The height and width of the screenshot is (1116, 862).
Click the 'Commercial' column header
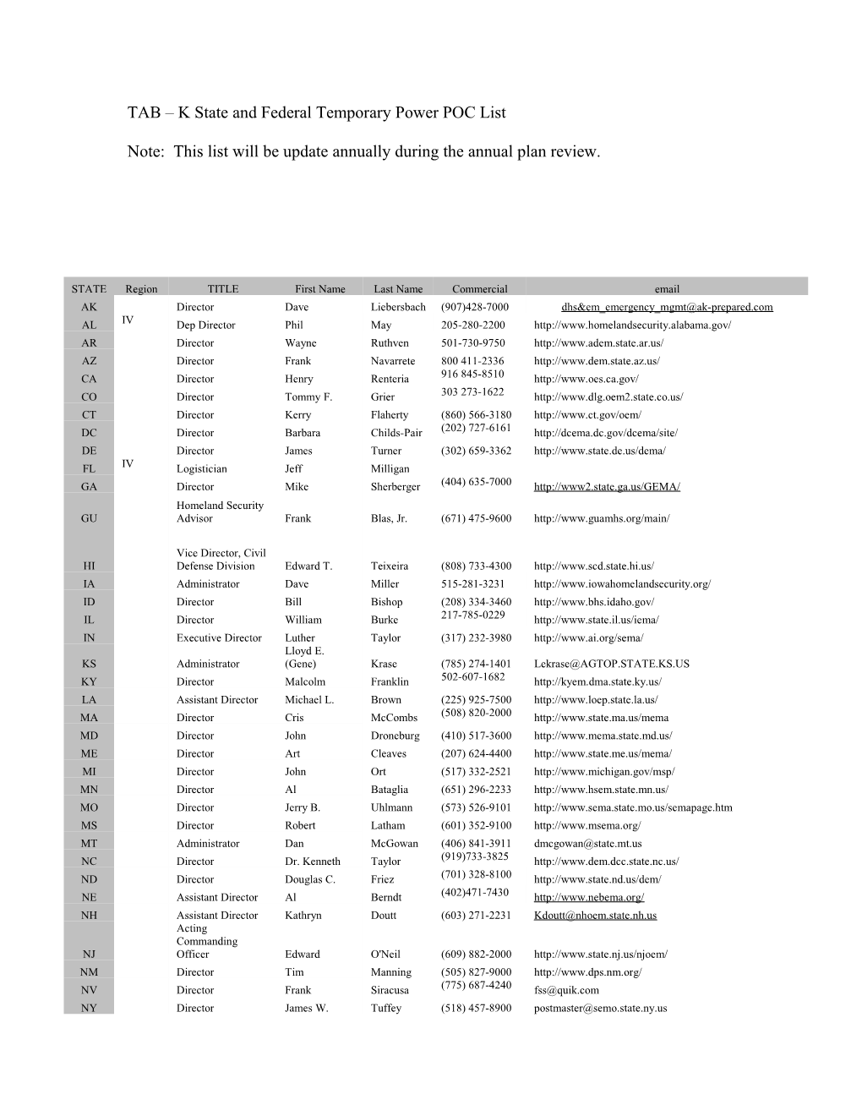[479, 289]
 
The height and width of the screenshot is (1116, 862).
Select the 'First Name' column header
[319, 289]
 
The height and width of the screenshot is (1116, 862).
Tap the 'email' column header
[666, 289]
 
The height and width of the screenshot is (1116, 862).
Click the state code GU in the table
[89, 519]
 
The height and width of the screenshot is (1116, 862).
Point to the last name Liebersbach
[398, 308]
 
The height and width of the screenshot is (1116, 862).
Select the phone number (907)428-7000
[474, 308]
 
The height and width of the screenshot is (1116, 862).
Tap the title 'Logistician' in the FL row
[201, 469]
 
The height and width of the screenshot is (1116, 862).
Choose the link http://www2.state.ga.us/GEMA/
[607, 487]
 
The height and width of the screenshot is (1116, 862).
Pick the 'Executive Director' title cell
[219, 638]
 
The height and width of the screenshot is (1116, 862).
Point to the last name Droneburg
[395, 736]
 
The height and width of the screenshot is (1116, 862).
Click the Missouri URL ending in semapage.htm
[633, 808]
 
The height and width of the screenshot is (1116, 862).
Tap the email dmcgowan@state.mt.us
[587, 844]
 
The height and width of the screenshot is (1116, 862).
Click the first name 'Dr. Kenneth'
[312, 862]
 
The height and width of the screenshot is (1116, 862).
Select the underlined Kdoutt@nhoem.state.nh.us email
[595, 916]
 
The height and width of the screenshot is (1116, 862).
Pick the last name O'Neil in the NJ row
[385, 955]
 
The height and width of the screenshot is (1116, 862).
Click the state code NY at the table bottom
[89, 1009]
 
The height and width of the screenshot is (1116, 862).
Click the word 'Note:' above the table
[145, 152]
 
